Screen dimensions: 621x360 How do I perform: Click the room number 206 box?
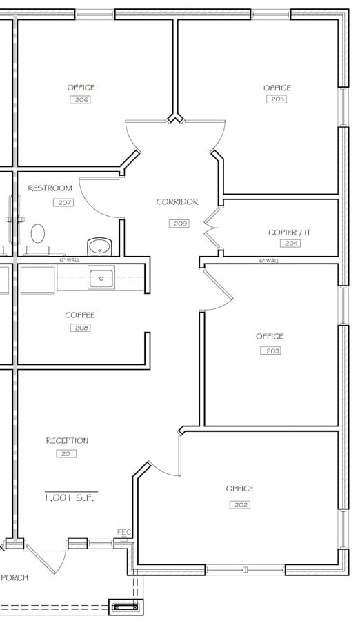[81, 100]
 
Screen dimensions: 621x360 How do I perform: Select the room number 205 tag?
[277, 99]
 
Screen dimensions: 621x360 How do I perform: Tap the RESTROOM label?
[50, 188]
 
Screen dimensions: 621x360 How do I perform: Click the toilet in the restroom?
[38, 234]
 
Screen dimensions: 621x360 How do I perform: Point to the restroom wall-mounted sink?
[100, 246]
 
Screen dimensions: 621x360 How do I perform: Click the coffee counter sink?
[101, 279]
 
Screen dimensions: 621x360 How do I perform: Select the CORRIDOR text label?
[177, 202]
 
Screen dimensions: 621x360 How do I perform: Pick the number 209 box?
[179, 224]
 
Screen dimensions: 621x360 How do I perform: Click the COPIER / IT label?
[290, 233]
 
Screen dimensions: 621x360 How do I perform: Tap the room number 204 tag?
[290, 244]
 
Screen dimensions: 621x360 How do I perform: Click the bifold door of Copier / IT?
[211, 228]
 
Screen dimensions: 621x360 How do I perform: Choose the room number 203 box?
[270, 351]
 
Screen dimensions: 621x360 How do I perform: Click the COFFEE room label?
[80, 315]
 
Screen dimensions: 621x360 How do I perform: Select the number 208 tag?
[80, 328]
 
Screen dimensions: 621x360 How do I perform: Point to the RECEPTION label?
[67, 441]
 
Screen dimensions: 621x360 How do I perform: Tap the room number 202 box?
[239, 505]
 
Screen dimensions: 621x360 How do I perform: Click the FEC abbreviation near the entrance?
[124, 532]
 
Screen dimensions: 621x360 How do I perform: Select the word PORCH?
[14, 578]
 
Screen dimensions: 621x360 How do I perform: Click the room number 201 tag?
[67, 454]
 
